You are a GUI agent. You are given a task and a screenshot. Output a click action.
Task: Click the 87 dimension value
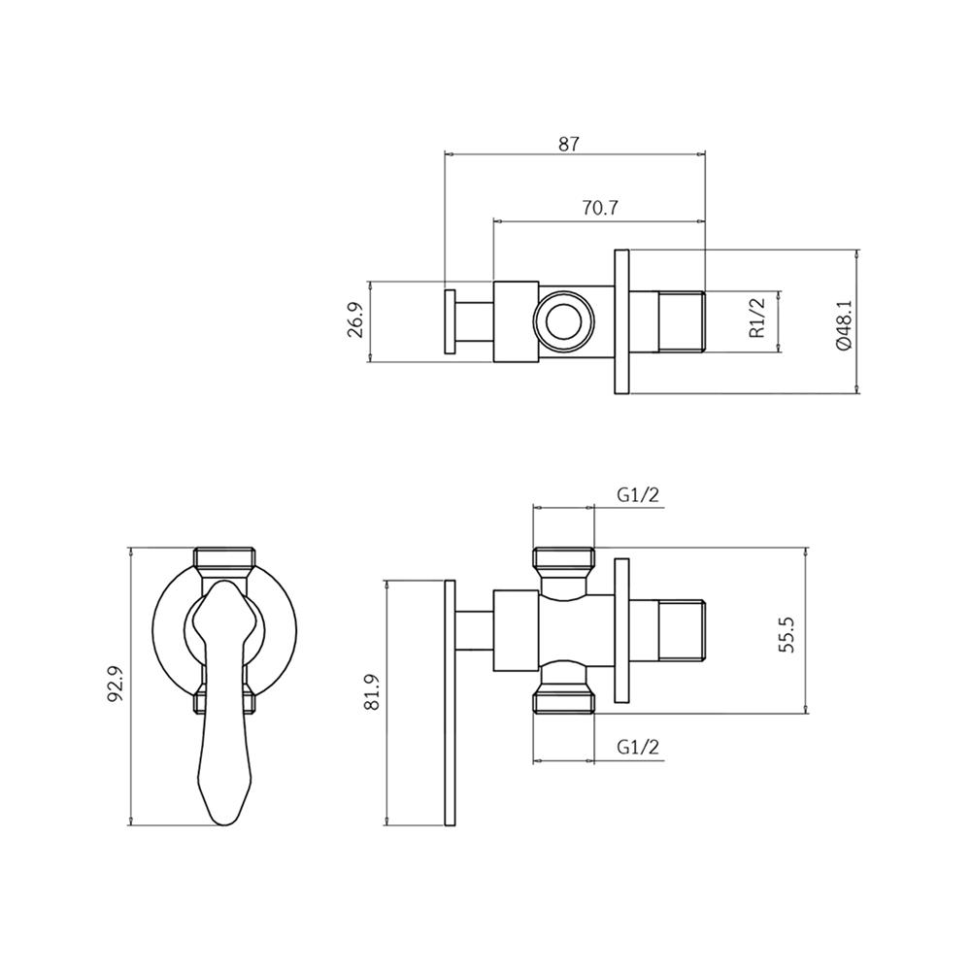point(569,143)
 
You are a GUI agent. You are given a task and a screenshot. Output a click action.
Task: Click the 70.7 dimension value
point(598,208)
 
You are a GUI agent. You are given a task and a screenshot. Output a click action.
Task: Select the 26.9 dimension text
point(356,321)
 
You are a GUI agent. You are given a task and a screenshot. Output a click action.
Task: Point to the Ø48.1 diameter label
point(843,323)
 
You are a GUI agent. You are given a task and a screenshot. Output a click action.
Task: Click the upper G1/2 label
point(638,494)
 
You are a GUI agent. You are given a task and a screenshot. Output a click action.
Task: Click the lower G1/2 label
point(638,747)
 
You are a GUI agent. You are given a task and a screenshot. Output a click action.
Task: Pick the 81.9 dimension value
point(372,692)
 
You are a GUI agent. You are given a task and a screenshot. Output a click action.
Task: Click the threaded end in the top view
point(682,321)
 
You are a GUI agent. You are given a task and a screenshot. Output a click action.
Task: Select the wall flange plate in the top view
point(622,321)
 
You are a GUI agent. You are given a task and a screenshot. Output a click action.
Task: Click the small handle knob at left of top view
point(451,321)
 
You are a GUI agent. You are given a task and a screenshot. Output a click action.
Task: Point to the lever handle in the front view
point(225,719)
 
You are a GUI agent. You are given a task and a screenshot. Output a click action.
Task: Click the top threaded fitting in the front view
point(225,560)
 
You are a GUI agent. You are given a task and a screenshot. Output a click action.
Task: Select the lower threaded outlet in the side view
point(564,701)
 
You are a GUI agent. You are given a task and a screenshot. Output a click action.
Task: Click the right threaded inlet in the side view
point(682,632)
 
